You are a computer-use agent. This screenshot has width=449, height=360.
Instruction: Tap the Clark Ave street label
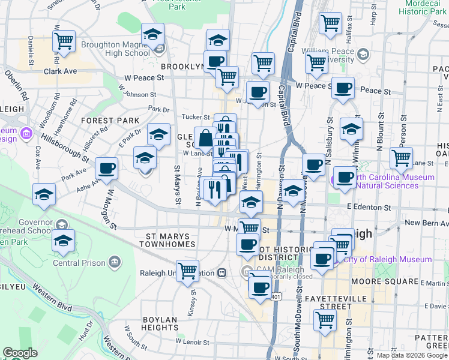(x=61, y=71)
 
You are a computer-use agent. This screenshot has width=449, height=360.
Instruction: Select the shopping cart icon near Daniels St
(x=63, y=41)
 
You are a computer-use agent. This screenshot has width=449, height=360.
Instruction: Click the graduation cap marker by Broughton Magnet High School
(x=152, y=35)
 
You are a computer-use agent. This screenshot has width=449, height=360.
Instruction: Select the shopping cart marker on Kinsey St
(x=187, y=271)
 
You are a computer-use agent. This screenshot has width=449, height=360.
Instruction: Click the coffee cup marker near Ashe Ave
(x=106, y=169)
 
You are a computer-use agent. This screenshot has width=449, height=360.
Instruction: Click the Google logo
(x=19, y=353)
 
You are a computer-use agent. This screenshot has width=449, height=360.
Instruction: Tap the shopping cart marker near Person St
(x=401, y=158)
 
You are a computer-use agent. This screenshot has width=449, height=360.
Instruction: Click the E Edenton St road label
(x=369, y=208)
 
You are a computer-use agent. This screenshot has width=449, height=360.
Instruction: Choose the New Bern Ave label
(x=426, y=223)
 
